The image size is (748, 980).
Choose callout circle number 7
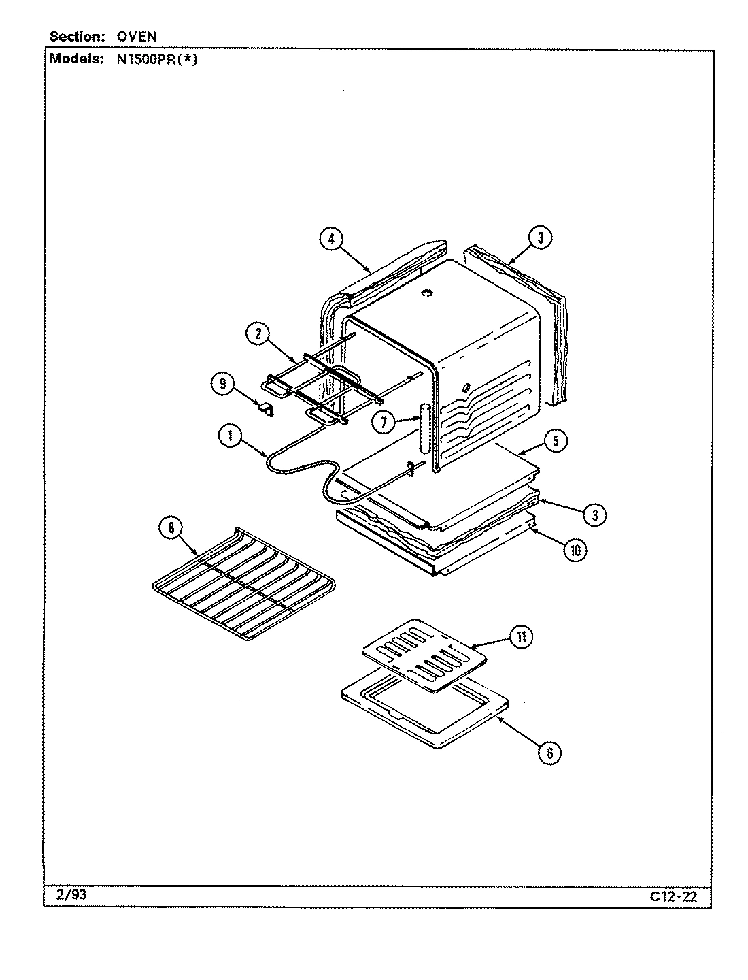point(384,423)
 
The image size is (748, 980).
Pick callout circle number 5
point(556,440)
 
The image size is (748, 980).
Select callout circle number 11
point(522,638)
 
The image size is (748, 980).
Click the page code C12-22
point(673,896)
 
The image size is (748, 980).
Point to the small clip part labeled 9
point(265,409)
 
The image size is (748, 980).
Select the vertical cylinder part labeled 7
point(425,429)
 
